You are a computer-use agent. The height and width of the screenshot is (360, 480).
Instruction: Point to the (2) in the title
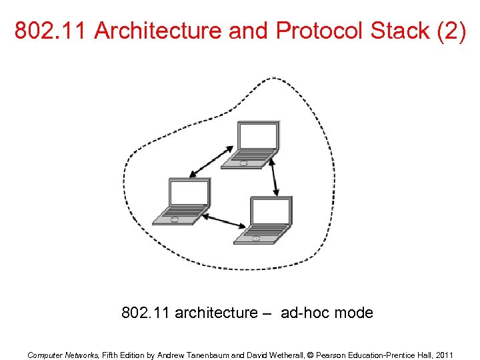(x=451, y=31)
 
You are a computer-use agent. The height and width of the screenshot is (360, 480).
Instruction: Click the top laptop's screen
(x=258, y=136)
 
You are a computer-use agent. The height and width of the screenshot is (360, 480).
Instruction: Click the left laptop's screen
(x=189, y=193)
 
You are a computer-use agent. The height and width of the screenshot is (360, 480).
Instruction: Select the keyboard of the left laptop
(x=179, y=215)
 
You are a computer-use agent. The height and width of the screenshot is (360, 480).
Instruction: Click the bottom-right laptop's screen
(x=271, y=211)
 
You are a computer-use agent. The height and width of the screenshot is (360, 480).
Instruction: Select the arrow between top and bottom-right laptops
(x=275, y=177)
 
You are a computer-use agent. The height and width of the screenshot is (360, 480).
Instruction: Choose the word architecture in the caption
(x=215, y=312)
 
